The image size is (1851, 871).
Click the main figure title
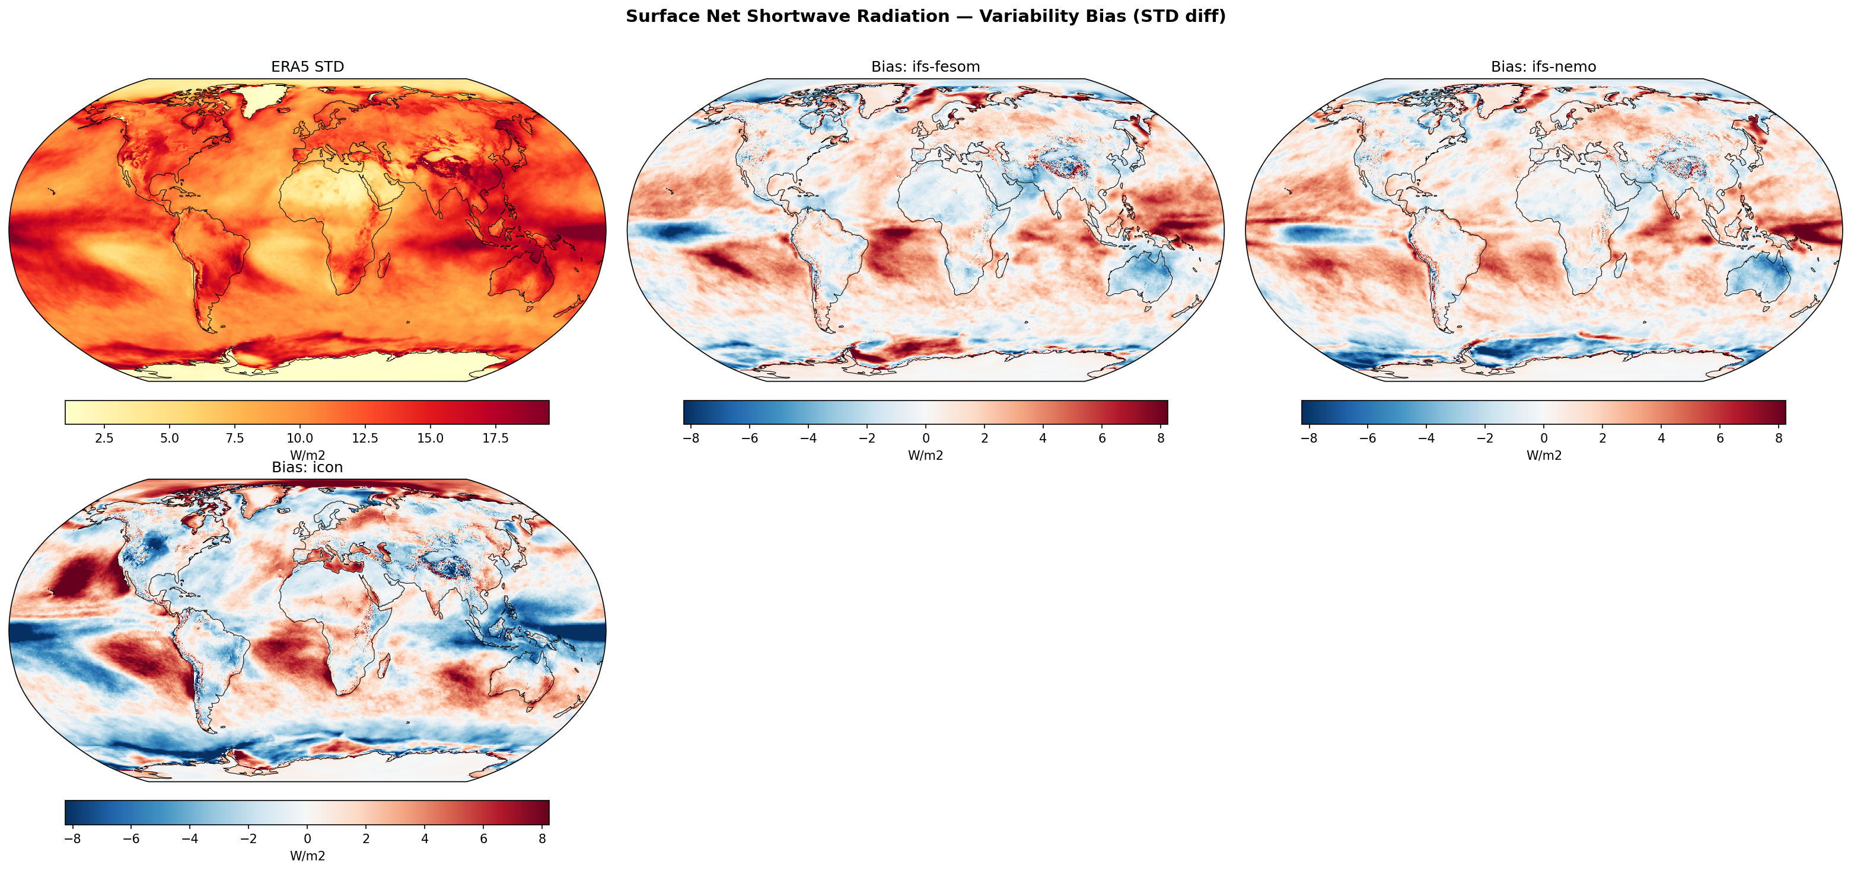pyautogui.click(x=925, y=17)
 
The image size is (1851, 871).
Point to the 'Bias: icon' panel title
pyautogui.click(x=308, y=467)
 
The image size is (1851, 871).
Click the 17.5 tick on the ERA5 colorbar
pyautogui.click(x=496, y=438)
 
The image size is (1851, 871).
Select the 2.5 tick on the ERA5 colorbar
pyautogui.click(x=104, y=438)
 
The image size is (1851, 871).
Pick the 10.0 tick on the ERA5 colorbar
pyautogui.click(x=300, y=438)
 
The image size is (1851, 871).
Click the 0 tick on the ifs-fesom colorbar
pyautogui.click(x=925, y=438)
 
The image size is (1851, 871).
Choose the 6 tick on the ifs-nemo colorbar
pyautogui.click(x=1720, y=438)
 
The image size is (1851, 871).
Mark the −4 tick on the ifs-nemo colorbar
pyautogui.click(x=1426, y=438)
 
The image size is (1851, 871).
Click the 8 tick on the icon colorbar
pyautogui.click(x=543, y=838)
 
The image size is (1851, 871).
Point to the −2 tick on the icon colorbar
pyautogui.click(x=249, y=838)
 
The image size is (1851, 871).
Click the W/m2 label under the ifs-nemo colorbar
pyautogui.click(x=1543, y=455)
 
